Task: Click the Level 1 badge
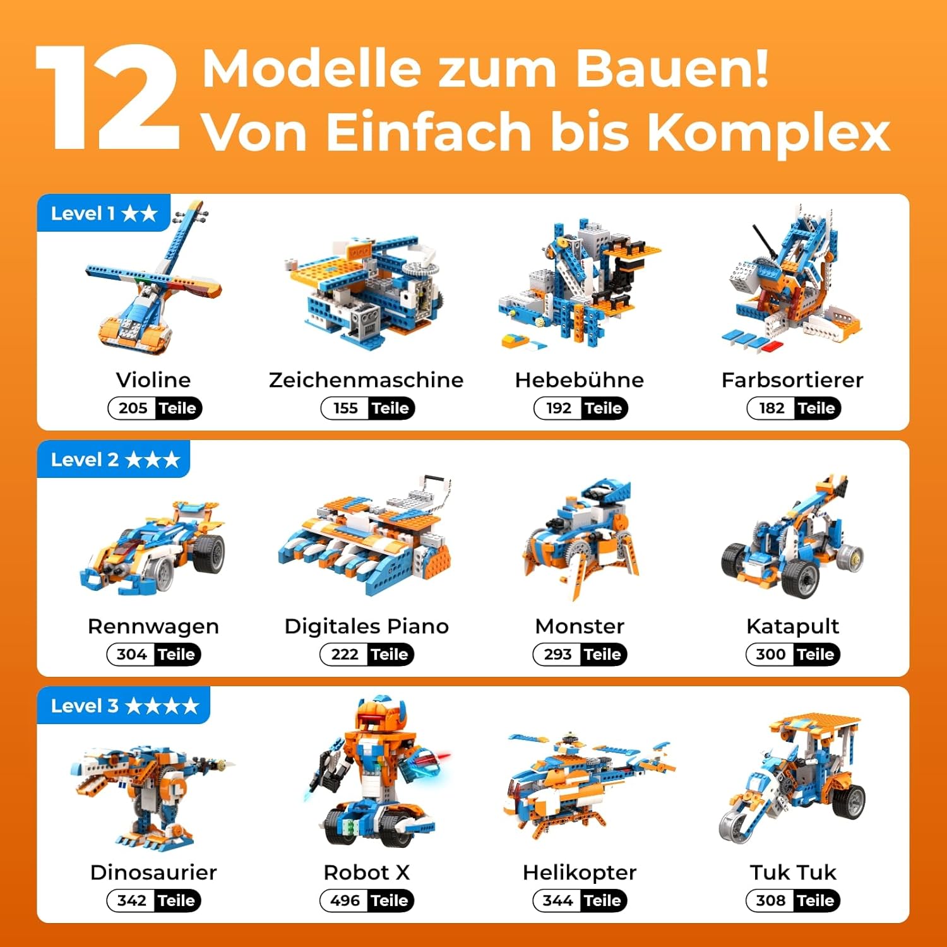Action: (x=104, y=213)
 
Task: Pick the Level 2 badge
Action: (x=114, y=460)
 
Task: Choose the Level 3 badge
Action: (x=124, y=706)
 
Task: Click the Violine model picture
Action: (x=154, y=278)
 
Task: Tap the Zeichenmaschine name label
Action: (x=366, y=379)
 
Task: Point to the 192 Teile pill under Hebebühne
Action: (x=581, y=408)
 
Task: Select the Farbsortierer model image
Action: (x=794, y=278)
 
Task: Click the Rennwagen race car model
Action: (x=153, y=546)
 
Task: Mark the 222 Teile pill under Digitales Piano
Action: (x=367, y=655)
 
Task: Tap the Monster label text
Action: (x=580, y=626)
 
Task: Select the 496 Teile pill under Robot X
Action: (x=367, y=901)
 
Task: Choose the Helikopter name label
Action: (x=580, y=873)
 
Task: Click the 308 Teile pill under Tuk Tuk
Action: (x=794, y=901)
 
